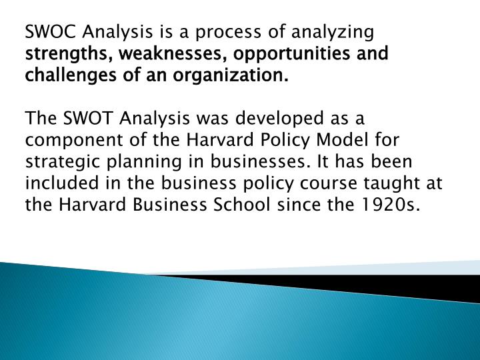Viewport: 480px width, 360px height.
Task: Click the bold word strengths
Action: pos(60,54)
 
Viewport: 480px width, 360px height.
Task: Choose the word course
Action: pos(312,184)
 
